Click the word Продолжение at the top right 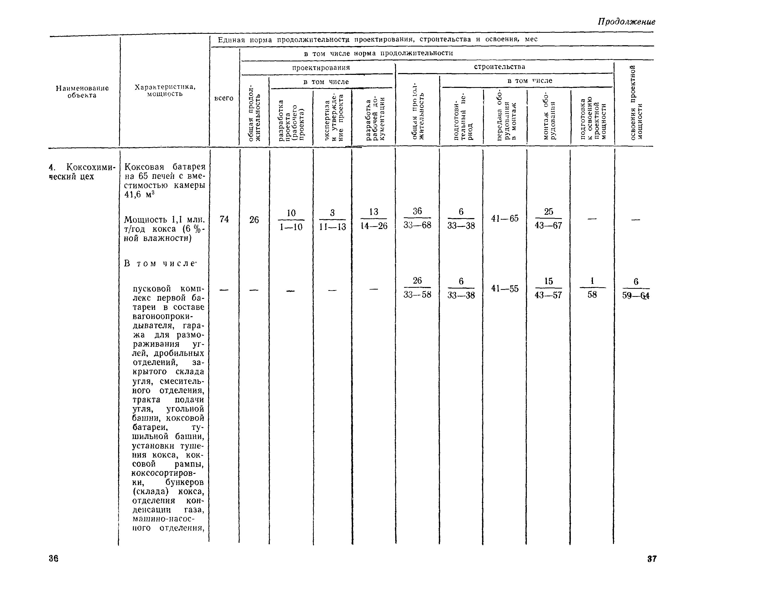pos(626,22)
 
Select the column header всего pos(224,98)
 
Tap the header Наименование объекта pos(82,92)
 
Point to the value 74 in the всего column pos(224,219)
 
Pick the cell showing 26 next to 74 pos(254,220)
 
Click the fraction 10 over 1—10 pos(291,220)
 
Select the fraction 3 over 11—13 pos(332,220)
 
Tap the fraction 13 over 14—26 pos(374,219)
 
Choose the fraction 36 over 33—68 pos(417,218)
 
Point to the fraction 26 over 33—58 pos(417,288)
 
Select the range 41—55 pos(505,289)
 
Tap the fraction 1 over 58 pos(592,288)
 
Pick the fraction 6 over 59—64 pos(636,289)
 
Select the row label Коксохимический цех pos(82,172)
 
